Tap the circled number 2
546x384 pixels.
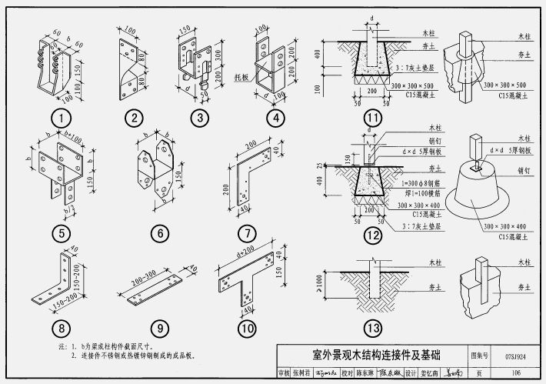click(x=135, y=119)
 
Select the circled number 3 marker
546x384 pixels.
click(x=200, y=119)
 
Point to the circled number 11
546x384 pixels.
click(x=373, y=119)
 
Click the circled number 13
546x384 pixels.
click(x=373, y=329)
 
